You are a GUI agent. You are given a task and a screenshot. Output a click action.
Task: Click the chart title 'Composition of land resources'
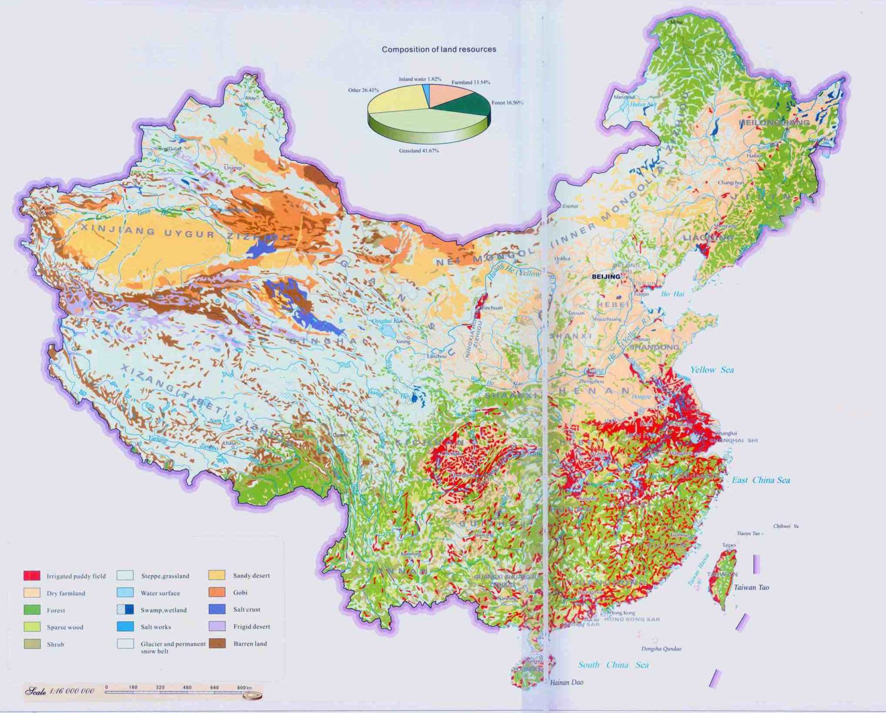(439, 49)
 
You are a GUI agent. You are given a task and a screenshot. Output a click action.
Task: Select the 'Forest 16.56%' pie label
(507, 102)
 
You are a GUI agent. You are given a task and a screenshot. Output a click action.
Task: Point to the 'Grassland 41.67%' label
(419, 151)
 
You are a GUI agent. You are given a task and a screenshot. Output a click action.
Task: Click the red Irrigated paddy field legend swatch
(32, 576)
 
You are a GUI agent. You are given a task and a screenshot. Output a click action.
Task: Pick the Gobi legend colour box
(217, 592)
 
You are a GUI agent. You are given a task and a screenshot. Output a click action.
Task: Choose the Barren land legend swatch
(217, 643)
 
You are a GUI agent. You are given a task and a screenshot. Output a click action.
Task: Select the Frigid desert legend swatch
(217, 626)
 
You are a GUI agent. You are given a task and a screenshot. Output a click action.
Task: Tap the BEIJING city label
(606, 276)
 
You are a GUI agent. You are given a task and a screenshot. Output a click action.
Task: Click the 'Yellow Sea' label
(712, 370)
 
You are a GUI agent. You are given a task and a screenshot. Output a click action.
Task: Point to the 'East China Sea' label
(761, 480)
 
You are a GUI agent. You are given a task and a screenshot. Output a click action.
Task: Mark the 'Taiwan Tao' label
(751, 587)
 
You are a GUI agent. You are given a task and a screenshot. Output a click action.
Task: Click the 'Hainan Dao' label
(566, 682)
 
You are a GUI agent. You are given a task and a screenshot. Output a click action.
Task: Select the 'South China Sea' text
(613, 665)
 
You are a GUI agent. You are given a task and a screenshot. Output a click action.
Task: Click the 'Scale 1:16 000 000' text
(60, 691)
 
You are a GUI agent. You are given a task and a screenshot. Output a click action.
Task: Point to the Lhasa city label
(229, 443)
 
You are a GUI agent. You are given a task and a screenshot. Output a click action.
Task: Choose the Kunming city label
(411, 554)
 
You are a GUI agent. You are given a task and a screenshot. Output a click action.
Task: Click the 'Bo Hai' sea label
(672, 294)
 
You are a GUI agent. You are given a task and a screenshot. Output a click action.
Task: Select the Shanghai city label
(726, 433)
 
